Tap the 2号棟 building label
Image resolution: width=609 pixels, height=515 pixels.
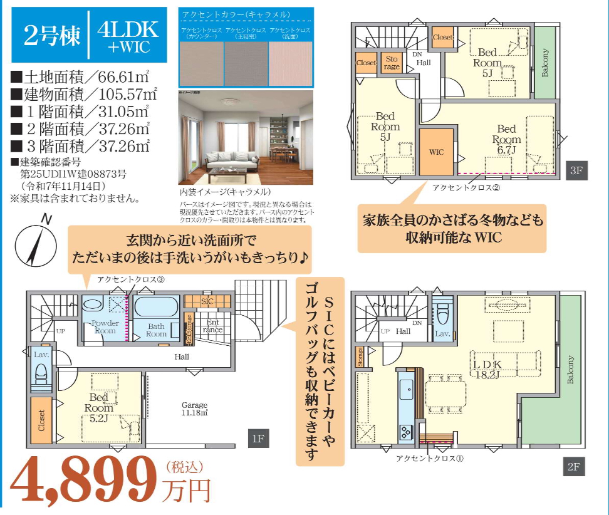[x=53, y=36]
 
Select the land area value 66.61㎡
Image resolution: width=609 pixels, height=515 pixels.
[x=118, y=78]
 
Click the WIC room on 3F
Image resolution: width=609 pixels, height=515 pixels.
[x=436, y=152]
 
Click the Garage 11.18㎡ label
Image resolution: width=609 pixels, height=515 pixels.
[x=194, y=409]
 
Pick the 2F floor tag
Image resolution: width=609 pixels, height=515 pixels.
[x=573, y=467]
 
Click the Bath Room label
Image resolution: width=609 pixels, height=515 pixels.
[x=156, y=330]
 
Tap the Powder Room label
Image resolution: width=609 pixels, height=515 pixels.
[x=105, y=326]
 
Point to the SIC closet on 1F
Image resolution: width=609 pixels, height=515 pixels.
[x=207, y=301]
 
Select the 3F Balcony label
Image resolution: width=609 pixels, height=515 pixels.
[x=544, y=63]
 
